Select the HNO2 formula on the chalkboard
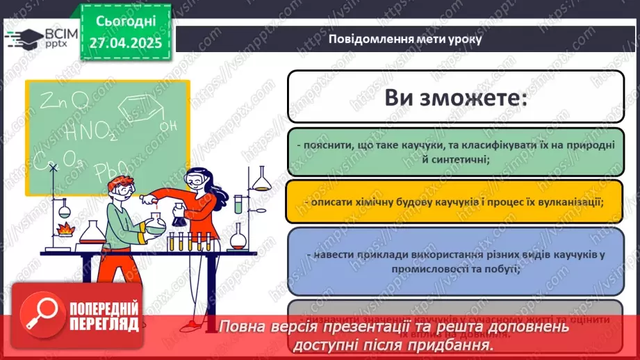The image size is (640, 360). click(90, 131)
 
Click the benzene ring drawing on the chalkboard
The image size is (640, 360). click(139, 108)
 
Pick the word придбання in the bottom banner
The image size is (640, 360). click(448, 345)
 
